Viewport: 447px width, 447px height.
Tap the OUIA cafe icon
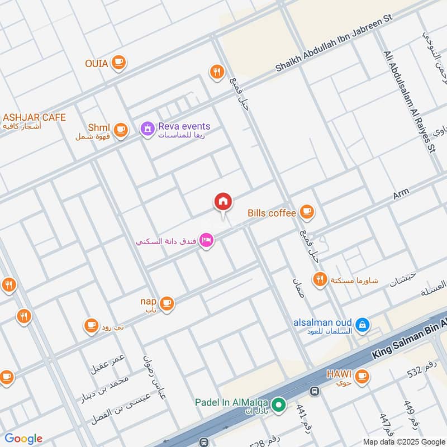118,63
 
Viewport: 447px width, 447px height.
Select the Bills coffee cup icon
306,212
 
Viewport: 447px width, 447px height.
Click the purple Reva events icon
147,129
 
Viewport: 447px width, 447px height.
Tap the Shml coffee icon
121,130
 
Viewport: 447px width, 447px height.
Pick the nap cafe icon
167,303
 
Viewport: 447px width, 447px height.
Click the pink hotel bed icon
207,241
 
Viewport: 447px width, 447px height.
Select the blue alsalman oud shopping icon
362,325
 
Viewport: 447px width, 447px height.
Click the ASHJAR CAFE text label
34,117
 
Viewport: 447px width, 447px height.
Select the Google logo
23,439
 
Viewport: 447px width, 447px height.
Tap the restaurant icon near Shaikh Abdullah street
217,72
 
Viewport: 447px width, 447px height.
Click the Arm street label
401,194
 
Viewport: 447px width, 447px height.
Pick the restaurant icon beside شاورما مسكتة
320,279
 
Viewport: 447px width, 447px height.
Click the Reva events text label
184,126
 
